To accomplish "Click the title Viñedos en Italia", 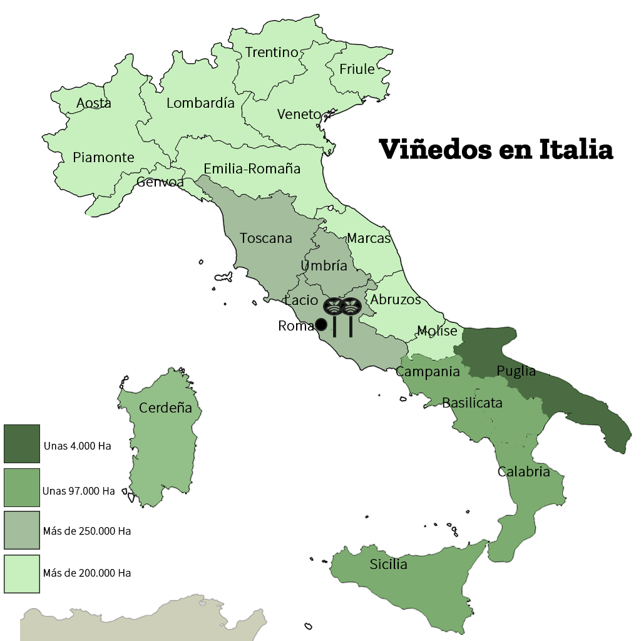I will (x=496, y=150).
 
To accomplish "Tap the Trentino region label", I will (x=272, y=53).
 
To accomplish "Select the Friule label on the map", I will (x=357, y=69).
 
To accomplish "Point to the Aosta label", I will (x=94, y=103).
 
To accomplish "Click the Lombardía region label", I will (x=200, y=103).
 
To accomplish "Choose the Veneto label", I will (x=299, y=115).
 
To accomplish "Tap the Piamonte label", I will (x=103, y=157).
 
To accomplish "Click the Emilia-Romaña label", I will (x=252, y=169).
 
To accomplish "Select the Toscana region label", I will (x=266, y=238).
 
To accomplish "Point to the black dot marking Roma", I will (x=320, y=324).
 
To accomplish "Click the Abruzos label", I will (x=396, y=300).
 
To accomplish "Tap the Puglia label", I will (x=516, y=371).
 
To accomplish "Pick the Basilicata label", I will (x=472, y=403).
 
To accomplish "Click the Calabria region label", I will (x=523, y=472).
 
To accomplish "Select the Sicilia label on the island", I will (x=388, y=565).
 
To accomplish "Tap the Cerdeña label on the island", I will (x=165, y=408).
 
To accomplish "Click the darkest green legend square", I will (x=22, y=444).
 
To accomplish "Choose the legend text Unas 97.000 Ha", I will (x=79, y=491).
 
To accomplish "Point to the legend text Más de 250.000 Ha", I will (x=87, y=531).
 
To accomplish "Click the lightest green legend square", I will (x=22, y=574).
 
